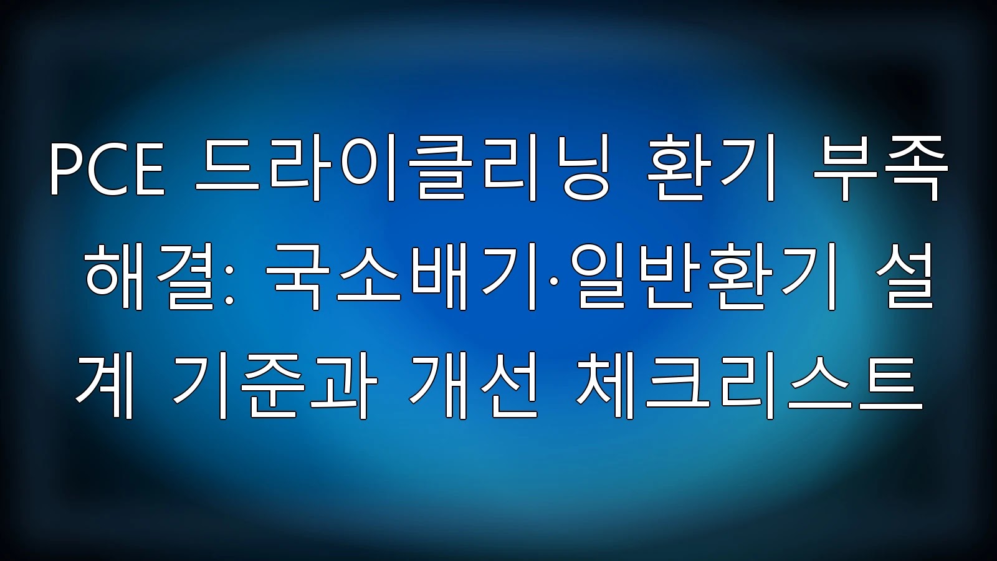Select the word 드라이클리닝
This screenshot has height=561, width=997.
point(402,171)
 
